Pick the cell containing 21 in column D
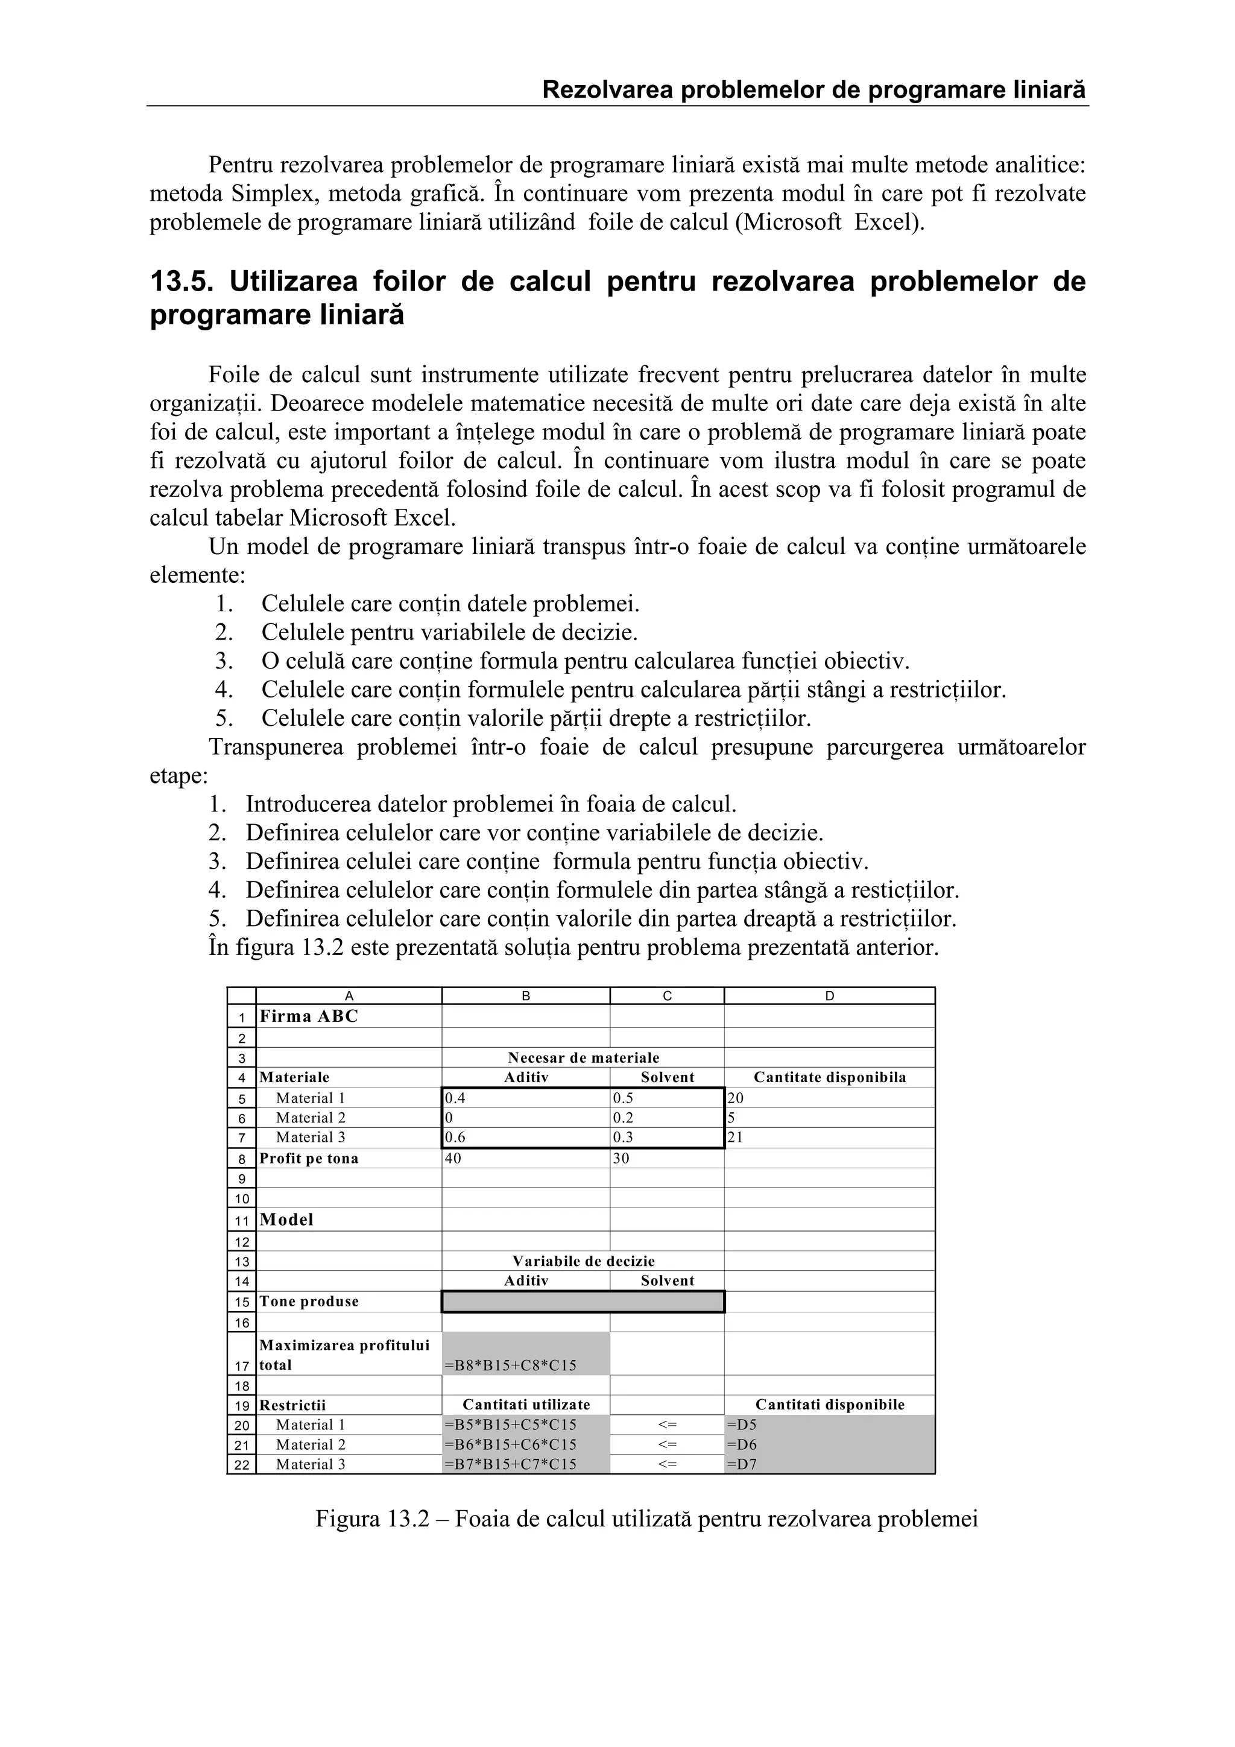click(x=736, y=1138)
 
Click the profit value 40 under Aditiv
click(x=453, y=1158)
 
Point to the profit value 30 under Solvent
click(x=622, y=1158)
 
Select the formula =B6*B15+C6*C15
click(x=510, y=1444)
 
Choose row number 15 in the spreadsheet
click(x=242, y=1302)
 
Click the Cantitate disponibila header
click(x=829, y=1077)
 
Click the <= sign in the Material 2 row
click(x=668, y=1444)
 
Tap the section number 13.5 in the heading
click(x=180, y=282)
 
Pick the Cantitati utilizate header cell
click(x=526, y=1405)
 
